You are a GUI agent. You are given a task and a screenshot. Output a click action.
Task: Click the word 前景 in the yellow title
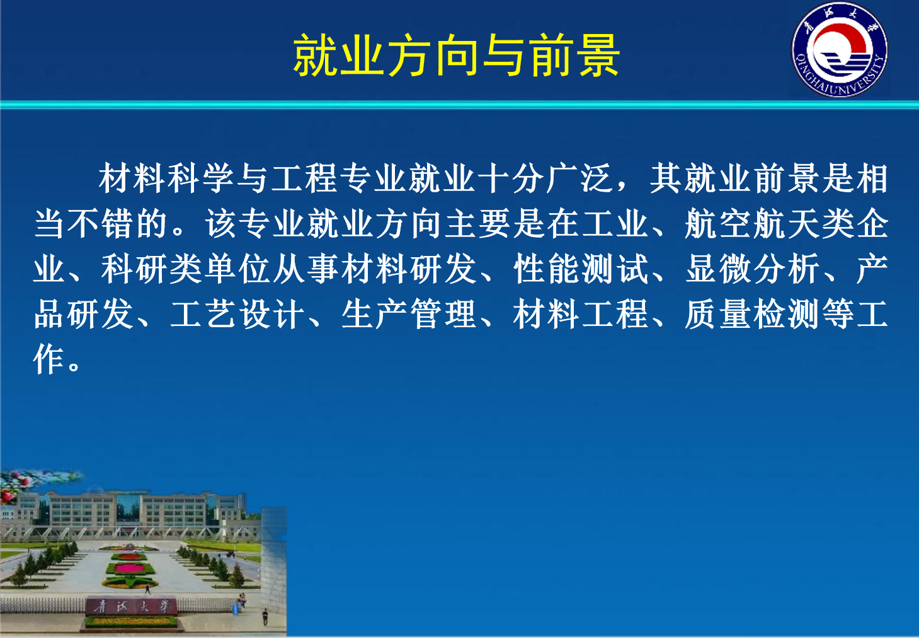574,56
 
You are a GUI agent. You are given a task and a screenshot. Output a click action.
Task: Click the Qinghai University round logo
840,50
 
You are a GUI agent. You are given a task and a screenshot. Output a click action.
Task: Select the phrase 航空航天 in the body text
752,224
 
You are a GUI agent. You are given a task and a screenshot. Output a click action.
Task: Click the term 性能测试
581,269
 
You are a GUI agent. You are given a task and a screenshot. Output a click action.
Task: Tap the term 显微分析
752,269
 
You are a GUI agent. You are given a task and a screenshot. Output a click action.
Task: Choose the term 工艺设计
238,314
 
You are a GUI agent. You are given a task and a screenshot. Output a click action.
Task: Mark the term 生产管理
409,314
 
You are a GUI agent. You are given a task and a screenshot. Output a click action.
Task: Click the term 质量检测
752,314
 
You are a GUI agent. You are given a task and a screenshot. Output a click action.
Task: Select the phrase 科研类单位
186,269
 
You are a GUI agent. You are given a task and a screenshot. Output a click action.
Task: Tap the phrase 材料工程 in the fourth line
581,314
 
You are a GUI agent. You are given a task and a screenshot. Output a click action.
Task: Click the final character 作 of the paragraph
49,359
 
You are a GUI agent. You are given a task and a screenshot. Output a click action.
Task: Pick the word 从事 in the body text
307,269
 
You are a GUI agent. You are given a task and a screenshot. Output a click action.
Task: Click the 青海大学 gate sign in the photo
132,606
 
